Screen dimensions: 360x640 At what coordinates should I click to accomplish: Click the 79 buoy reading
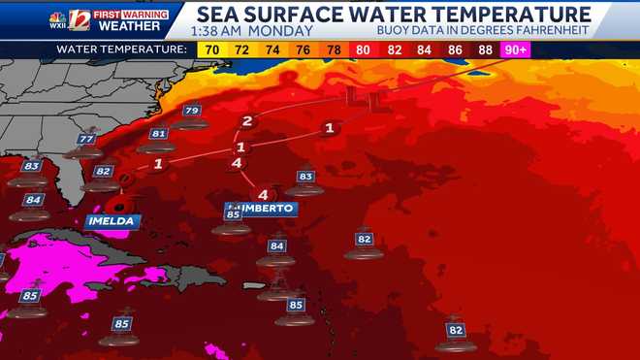[x=191, y=112]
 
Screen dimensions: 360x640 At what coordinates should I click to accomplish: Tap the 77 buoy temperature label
[x=87, y=140]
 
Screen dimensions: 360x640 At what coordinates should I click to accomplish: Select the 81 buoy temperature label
[x=159, y=134]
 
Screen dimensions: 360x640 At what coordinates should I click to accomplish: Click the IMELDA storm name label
[x=111, y=221]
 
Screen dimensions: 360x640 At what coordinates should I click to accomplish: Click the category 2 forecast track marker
[x=247, y=121]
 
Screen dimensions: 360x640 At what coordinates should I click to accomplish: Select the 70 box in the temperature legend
[x=208, y=48]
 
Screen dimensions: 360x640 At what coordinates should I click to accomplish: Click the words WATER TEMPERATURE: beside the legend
[x=121, y=48]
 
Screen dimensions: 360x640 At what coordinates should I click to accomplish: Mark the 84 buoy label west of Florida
[x=34, y=200]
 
